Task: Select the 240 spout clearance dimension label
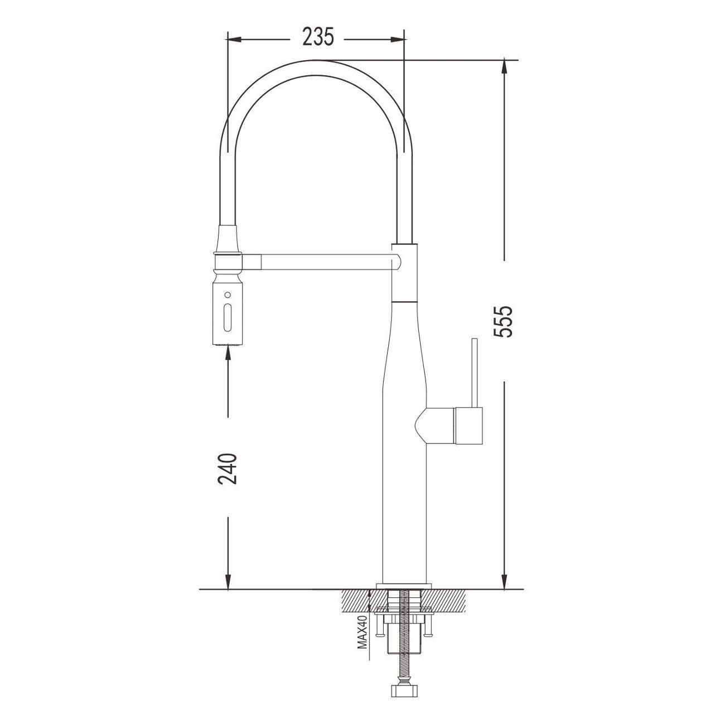pos(228,468)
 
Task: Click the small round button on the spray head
pos(227,294)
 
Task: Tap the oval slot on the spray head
pos(227,317)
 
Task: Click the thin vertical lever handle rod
pos(475,373)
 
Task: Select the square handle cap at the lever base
pos(469,426)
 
